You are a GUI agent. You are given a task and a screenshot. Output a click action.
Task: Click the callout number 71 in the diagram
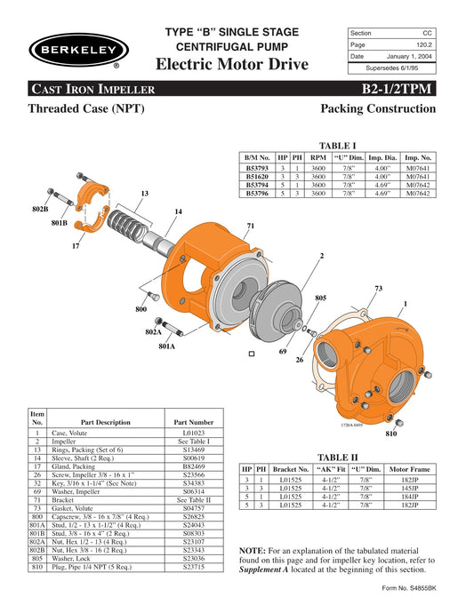(x=251, y=227)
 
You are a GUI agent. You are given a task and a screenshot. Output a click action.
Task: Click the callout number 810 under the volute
(x=391, y=434)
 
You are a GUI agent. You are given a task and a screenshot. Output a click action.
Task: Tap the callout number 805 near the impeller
(x=321, y=298)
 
